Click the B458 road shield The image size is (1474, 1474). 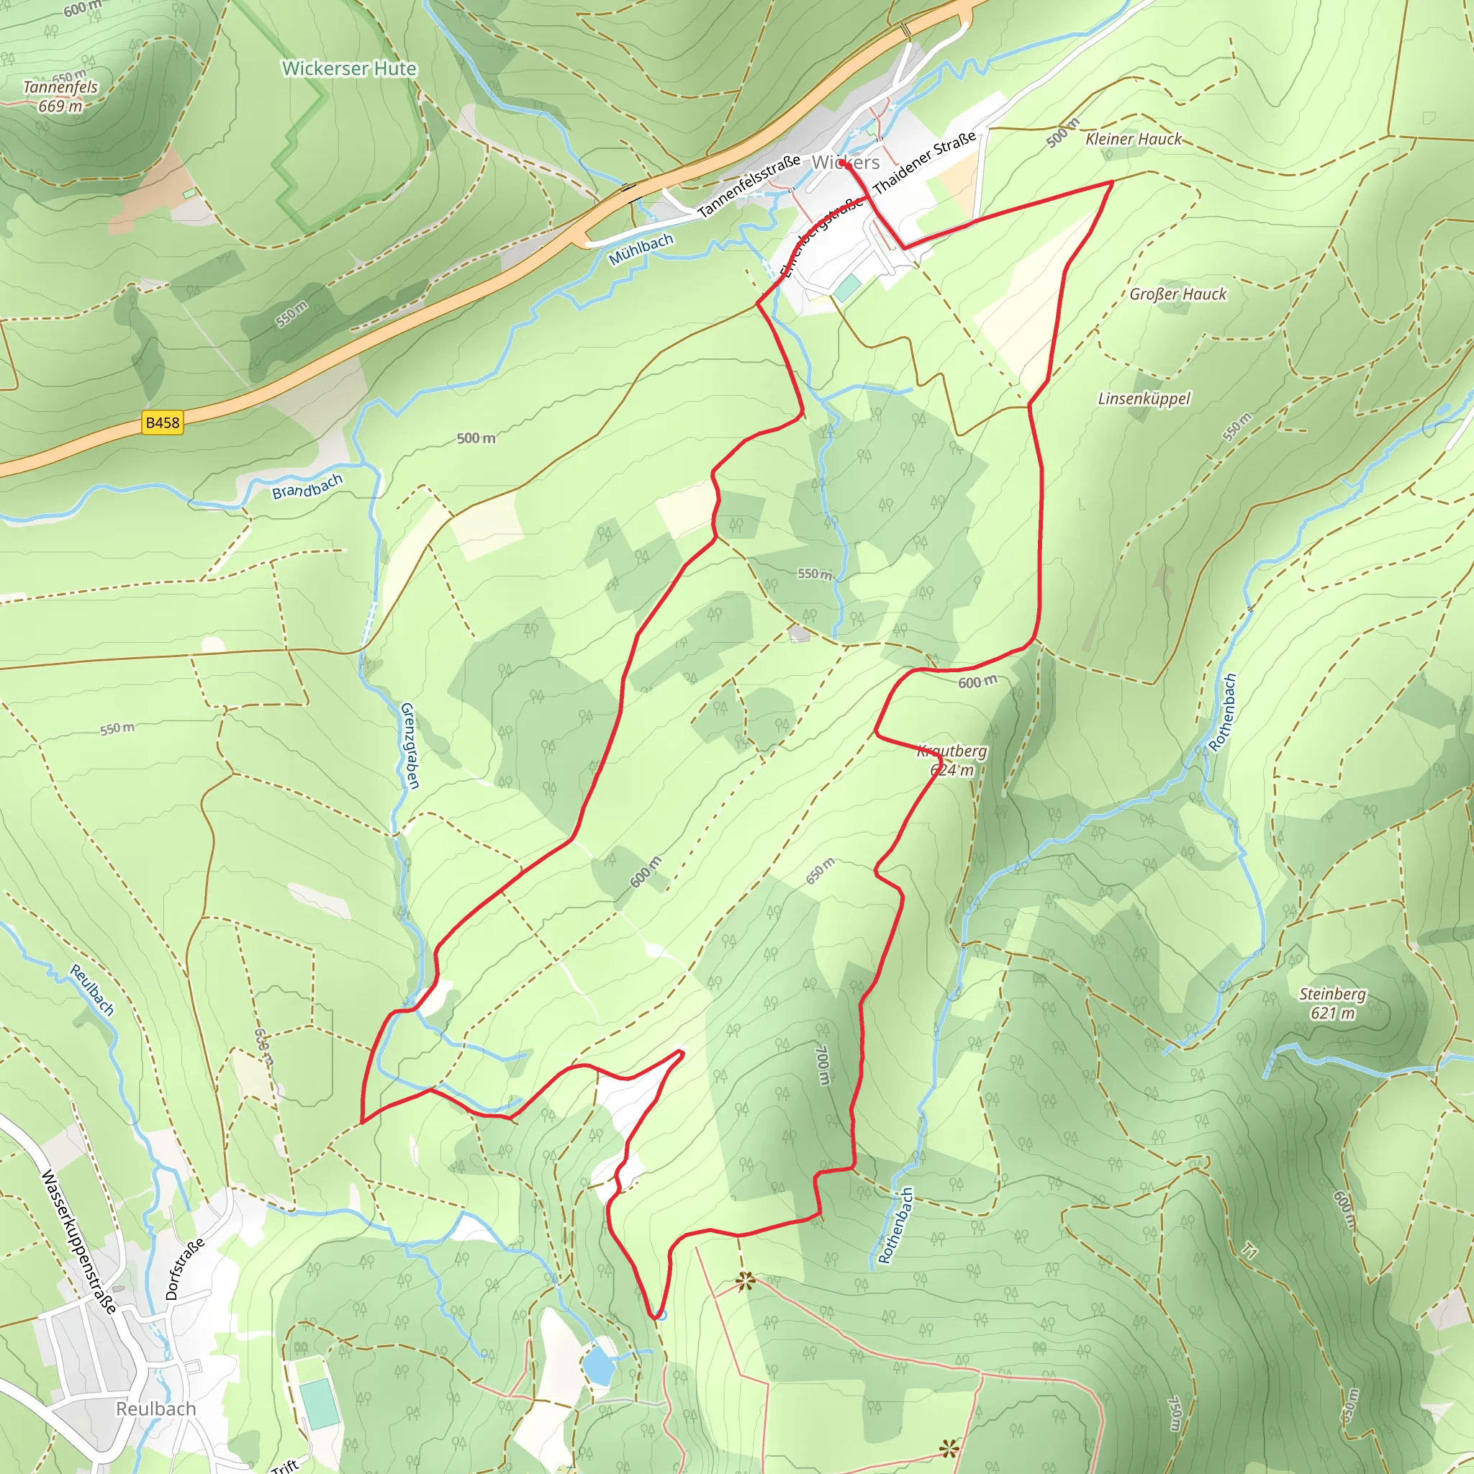(163, 422)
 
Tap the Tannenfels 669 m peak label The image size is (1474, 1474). (60, 96)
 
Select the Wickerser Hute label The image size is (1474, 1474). (349, 68)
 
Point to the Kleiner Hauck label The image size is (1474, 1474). (1133, 139)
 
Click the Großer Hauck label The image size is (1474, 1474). (1178, 294)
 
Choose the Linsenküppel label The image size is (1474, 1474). (1144, 398)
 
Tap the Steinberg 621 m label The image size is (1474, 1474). (1332, 1003)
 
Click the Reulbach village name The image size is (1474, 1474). (155, 1409)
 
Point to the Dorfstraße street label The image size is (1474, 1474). (185, 1268)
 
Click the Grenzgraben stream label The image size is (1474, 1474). (410, 746)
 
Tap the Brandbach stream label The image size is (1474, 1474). (307, 486)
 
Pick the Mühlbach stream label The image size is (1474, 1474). (641, 250)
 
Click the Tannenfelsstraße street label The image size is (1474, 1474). (749, 185)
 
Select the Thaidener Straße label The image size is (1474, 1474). (924, 163)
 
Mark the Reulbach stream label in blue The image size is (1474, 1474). (92, 990)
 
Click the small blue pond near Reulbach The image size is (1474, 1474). (599, 1365)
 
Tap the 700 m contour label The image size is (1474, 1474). (823, 1065)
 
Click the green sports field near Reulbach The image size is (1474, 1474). (320, 1403)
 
